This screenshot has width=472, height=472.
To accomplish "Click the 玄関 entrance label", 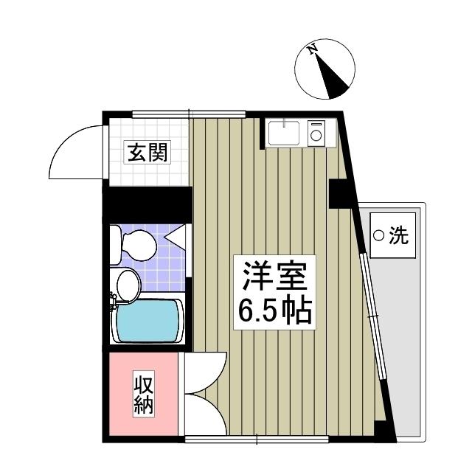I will point(148,153).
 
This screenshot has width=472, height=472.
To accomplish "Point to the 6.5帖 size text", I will point(274,313).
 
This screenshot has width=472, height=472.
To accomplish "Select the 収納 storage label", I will point(144,395).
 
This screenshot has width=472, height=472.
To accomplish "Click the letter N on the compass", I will point(313,50).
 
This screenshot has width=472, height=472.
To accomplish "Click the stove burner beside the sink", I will point(317,134).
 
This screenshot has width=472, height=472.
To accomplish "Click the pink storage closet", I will point(143,395).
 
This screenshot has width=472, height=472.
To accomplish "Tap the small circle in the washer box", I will point(379,236).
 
